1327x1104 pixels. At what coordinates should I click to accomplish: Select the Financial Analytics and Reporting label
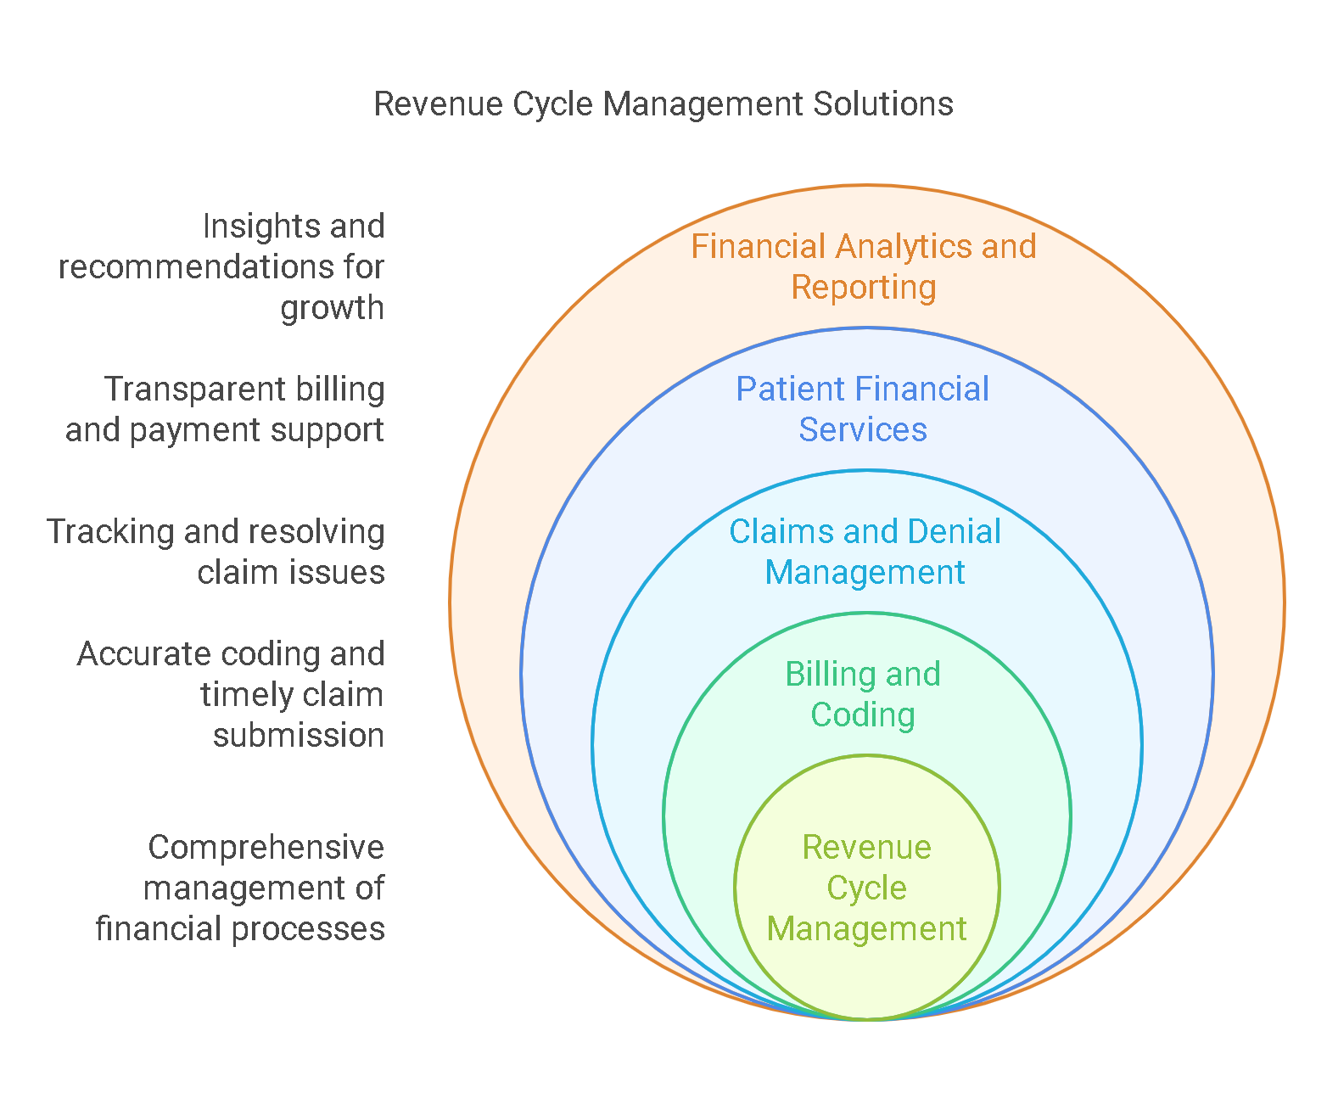(x=864, y=266)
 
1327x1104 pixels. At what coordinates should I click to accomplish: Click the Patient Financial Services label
(x=863, y=409)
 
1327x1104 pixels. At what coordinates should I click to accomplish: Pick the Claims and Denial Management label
(x=865, y=552)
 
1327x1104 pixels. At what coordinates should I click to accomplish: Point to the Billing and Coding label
(x=863, y=694)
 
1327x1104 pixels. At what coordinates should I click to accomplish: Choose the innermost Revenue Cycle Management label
(x=866, y=888)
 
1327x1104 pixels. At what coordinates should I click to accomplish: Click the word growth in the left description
(x=332, y=308)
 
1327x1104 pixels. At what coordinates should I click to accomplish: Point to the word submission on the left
(x=299, y=736)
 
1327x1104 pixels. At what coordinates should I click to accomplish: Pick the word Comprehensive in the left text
(x=266, y=848)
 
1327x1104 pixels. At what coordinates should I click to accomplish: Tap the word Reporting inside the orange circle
(x=864, y=288)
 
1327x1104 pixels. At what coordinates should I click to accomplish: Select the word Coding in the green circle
(x=863, y=715)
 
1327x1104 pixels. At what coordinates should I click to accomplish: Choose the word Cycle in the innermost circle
(x=866, y=888)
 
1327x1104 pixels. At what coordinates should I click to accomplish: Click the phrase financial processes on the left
(x=240, y=929)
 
